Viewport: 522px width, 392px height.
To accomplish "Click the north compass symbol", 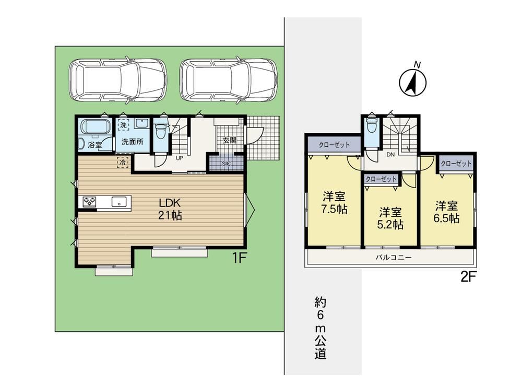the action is (x=413, y=82).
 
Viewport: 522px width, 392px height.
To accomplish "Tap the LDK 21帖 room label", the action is (x=170, y=209).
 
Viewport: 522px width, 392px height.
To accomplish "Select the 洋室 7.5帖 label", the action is (x=334, y=202).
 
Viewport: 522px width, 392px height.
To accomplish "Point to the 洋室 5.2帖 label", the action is (x=390, y=218).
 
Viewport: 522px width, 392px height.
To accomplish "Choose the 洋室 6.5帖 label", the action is (x=446, y=212).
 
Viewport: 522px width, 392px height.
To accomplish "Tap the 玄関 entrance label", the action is (x=229, y=140).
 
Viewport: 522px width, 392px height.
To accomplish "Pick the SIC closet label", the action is (x=226, y=164).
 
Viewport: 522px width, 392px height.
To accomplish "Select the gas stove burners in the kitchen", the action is (x=90, y=201).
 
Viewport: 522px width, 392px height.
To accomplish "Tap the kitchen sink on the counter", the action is (x=119, y=202).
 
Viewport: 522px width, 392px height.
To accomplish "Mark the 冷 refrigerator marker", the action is (x=123, y=163).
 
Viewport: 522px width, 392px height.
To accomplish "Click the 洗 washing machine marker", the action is (x=123, y=125).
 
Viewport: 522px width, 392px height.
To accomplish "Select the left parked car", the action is (x=118, y=80).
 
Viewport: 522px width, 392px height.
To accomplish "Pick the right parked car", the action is (x=229, y=80).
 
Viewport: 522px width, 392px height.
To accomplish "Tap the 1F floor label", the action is (x=239, y=258).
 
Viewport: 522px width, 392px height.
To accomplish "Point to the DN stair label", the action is (x=390, y=154).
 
